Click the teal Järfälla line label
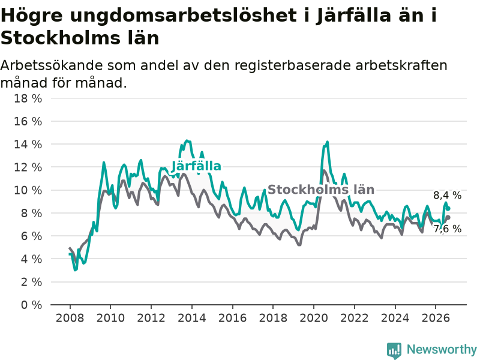coord(196,166)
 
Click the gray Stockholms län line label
coord(321,190)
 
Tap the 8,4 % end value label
coord(447,196)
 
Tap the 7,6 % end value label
coord(447,229)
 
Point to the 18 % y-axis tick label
coord(28,98)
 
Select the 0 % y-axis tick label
coord(32,305)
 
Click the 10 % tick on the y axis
coord(28,190)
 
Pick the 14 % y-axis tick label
coord(28,144)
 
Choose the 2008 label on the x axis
coord(70,318)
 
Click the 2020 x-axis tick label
coord(314,318)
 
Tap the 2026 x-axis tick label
coord(436,318)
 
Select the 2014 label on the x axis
coord(192,318)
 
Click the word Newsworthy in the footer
coord(442,349)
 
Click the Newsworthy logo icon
coord(394,350)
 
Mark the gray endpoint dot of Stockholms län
coord(448,217)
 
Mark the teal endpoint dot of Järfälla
coord(448,209)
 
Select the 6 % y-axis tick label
coord(32,236)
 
